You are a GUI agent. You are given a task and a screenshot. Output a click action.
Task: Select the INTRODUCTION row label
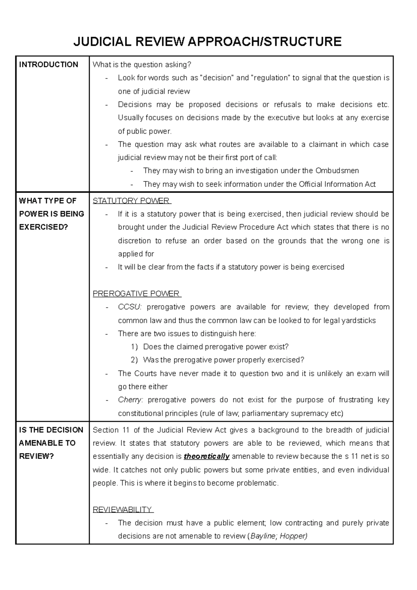(x=49, y=65)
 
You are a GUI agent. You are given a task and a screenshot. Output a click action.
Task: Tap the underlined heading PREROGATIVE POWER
(x=136, y=294)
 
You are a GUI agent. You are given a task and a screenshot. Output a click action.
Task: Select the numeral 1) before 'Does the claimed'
(x=134, y=347)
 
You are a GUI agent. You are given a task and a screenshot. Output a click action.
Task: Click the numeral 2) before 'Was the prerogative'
(x=134, y=360)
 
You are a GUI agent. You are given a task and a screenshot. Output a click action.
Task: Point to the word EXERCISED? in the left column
(x=43, y=227)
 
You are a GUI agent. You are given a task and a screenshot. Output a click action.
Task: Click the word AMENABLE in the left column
(x=47, y=443)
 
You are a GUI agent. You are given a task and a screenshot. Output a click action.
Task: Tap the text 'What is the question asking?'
(x=142, y=65)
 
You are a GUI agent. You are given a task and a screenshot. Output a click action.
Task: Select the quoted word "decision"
(x=217, y=78)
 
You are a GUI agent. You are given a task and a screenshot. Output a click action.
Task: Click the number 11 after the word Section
(x=126, y=430)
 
